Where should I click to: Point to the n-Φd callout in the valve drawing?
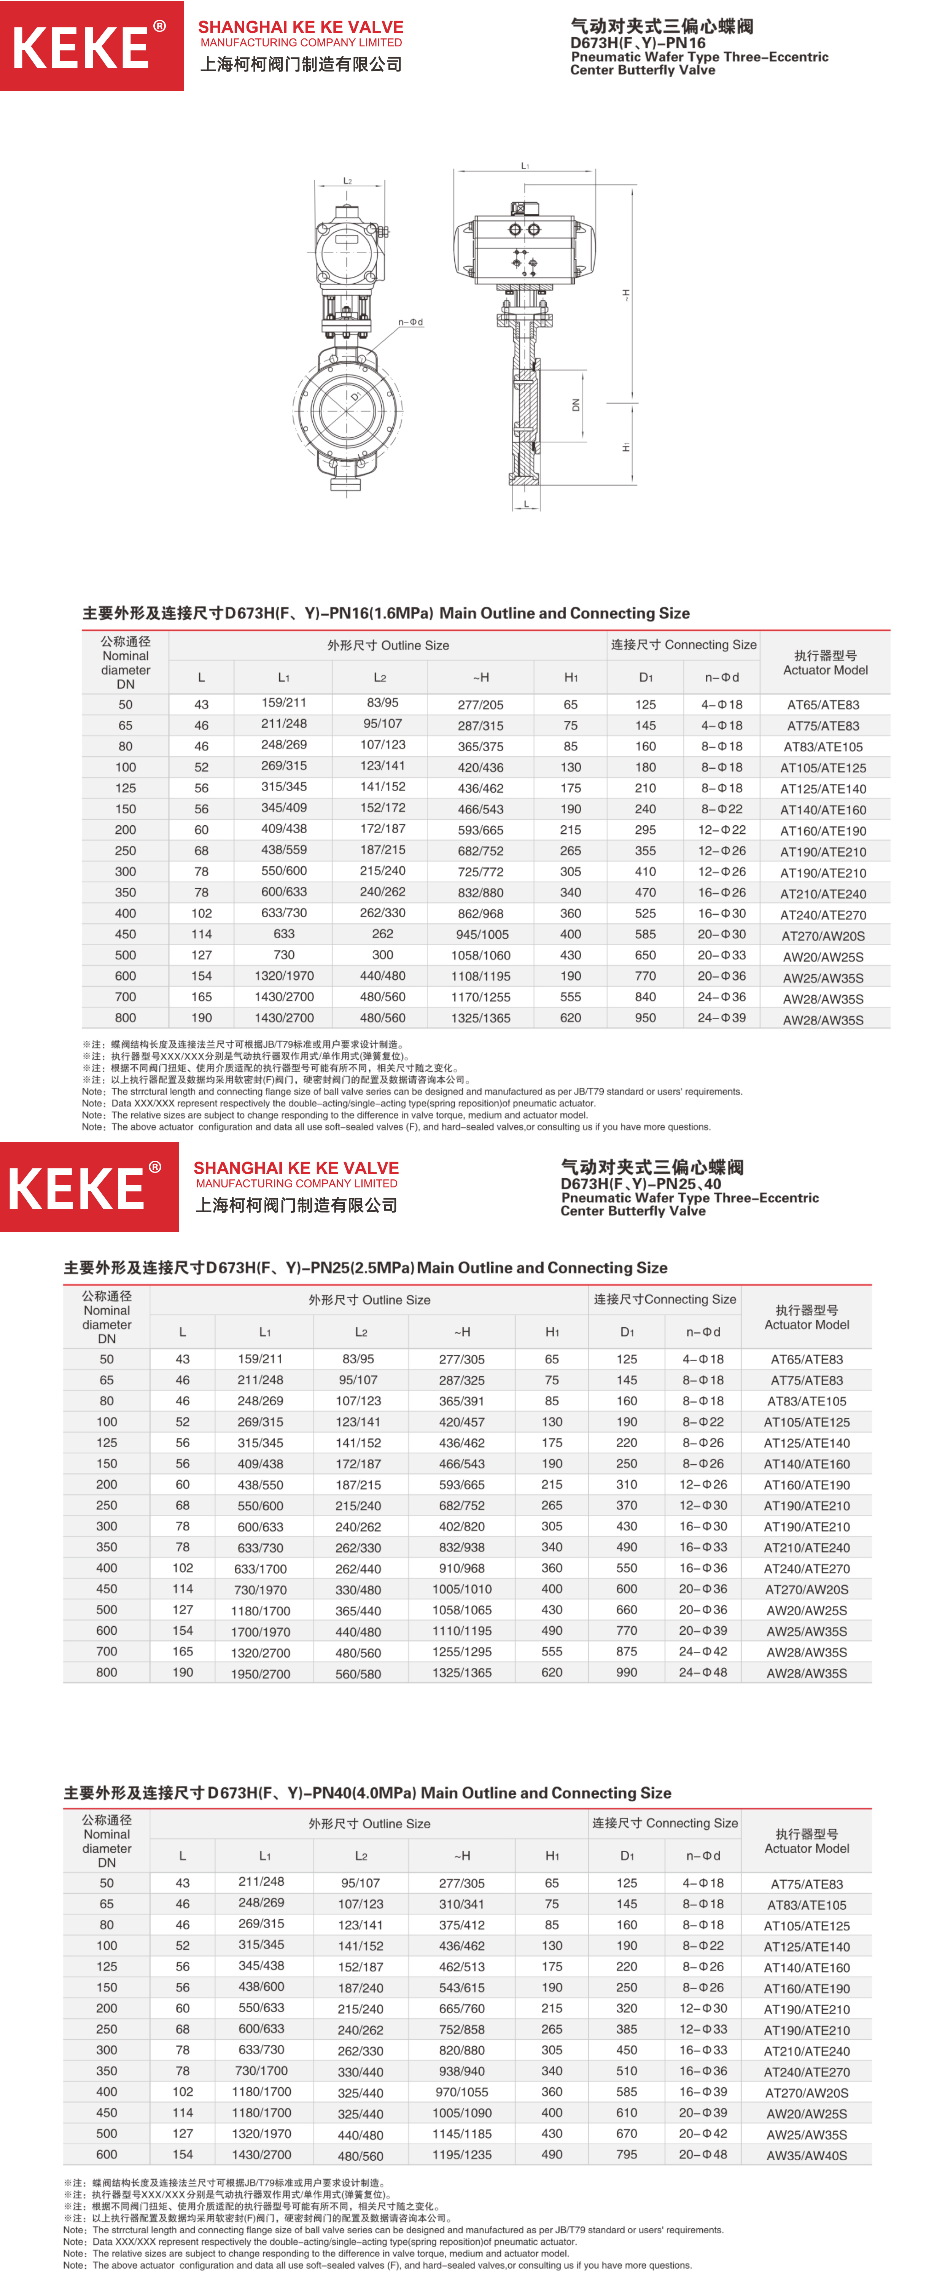[410, 323]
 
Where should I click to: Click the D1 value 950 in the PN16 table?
[645, 1018]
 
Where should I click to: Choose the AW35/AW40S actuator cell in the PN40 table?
[807, 2155]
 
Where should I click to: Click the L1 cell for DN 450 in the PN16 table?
[283, 934]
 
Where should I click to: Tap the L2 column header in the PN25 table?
[361, 1332]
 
